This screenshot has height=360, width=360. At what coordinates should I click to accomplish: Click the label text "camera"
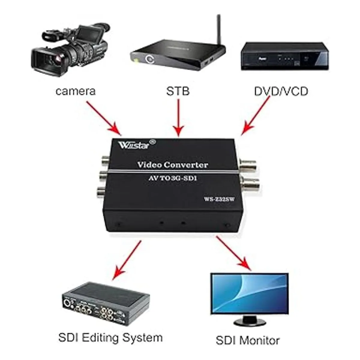(76, 91)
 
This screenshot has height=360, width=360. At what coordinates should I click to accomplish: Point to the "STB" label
(178, 91)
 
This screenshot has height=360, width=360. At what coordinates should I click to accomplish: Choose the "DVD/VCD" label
(281, 91)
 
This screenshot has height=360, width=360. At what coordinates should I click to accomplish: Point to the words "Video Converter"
(172, 165)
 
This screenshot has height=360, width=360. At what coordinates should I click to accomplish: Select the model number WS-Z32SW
(219, 199)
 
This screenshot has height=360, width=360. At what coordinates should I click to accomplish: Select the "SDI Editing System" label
(110, 337)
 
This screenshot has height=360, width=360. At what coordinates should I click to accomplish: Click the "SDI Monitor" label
(247, 340)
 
